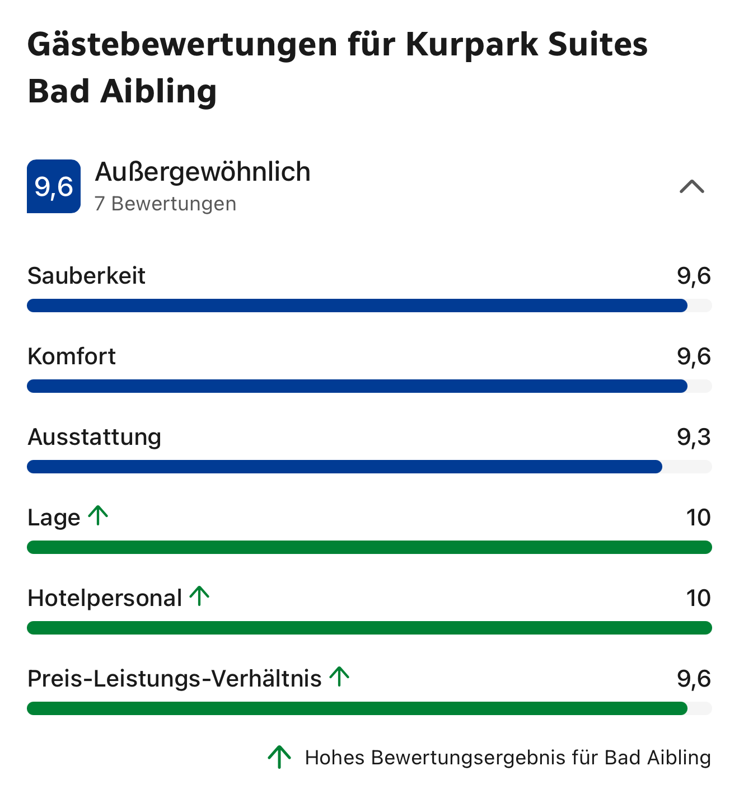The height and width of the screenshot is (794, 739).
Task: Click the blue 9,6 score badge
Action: coord(54,186)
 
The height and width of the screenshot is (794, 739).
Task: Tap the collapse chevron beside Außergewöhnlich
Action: coord(691,186)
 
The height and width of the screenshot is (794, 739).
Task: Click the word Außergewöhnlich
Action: coord(203,172)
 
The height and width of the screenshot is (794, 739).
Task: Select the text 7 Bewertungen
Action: coord(166,204)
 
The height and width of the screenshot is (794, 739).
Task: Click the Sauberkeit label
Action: coord(87,276)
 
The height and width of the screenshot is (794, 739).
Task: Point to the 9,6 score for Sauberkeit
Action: coord(694,276)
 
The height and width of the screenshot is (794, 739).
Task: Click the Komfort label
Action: coord(72,356)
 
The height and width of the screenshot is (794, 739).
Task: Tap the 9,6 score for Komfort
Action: coord(694,356)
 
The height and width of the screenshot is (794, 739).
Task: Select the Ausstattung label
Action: coord(95,437)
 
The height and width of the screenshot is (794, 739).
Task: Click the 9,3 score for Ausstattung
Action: coord(694,437)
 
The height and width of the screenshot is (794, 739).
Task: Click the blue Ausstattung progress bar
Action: coord(344,467)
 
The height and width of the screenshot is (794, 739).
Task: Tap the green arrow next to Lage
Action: coord(99,515)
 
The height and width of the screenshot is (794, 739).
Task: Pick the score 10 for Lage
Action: coord(698,518)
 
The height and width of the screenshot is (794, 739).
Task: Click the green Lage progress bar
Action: coord(369,547)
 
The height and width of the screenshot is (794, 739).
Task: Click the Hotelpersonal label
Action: coord(105,598)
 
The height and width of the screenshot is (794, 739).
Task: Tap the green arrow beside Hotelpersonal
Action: coord(199,596)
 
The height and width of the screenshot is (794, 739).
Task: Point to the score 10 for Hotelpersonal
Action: coord(698,598)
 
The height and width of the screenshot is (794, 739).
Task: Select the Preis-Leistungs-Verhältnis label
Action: coord(175,679)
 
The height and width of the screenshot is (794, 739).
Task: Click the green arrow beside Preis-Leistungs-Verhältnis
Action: coord(339,676)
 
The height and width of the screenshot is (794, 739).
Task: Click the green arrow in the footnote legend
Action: coord(279,757)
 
